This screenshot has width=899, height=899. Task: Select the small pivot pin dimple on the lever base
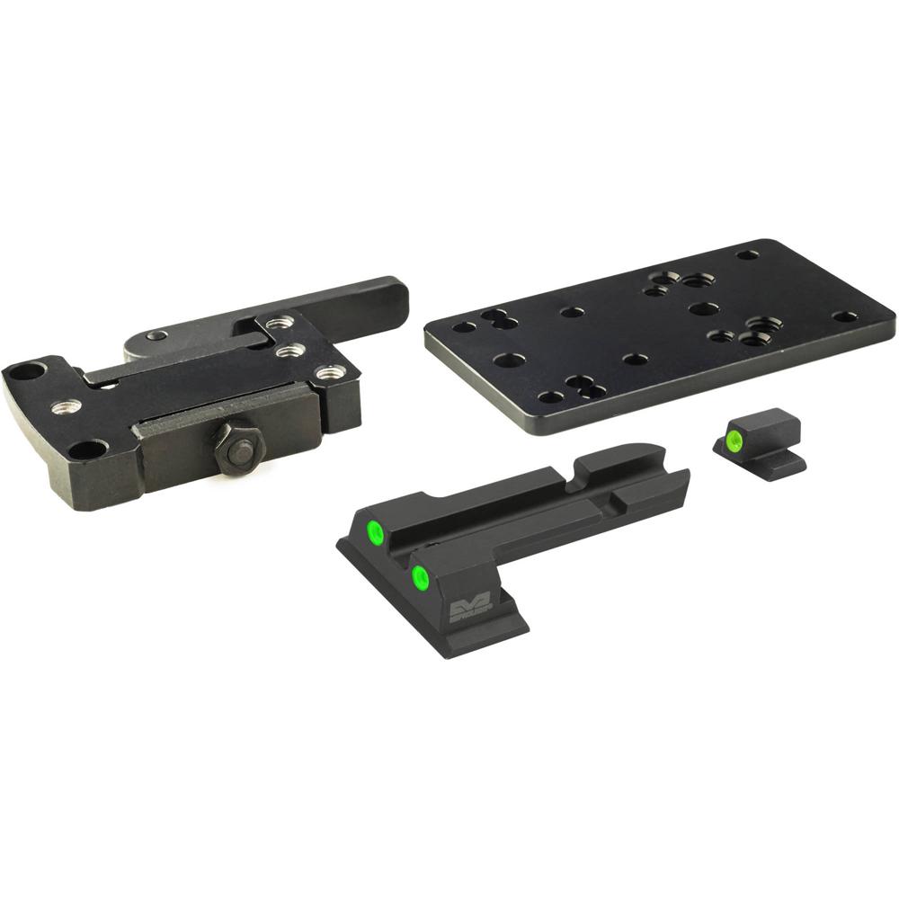[157, 335]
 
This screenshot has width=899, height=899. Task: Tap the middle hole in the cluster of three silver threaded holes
[289, 351]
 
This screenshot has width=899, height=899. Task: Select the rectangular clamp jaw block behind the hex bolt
[180, 454]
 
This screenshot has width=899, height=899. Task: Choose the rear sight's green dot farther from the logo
[375, 535]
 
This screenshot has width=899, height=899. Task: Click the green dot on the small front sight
[734, 440]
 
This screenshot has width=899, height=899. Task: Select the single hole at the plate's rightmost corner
[845, 316]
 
